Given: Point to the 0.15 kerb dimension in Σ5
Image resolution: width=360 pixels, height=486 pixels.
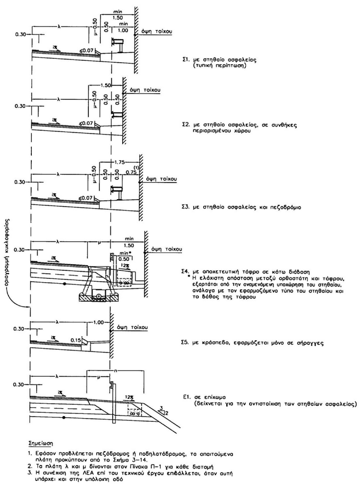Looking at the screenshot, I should coord(75,340).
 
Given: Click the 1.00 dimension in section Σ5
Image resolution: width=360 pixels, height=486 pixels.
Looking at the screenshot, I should coord(99,322).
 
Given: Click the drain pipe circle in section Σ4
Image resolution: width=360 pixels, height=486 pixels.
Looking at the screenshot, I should coord(99,296).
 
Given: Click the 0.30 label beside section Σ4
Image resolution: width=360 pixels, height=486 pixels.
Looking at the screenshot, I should coord(19,249).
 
